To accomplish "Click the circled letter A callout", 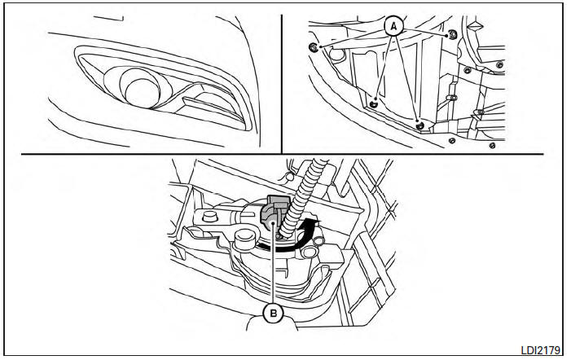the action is coord(393,26).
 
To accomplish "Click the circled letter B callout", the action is coord(273,313).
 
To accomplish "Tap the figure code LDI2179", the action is coord(540,349).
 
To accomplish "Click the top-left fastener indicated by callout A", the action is coord(313,47).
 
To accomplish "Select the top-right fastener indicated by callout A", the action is coord(452,35).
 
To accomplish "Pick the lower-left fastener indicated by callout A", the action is coord(373,104).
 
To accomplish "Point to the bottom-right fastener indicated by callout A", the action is coord(419,125).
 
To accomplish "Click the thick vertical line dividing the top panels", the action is coord(282,84).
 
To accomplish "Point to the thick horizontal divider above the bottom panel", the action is coord(282,154).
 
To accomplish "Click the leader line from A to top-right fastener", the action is coord(425,31).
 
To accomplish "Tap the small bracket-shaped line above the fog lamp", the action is coord(108,18).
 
